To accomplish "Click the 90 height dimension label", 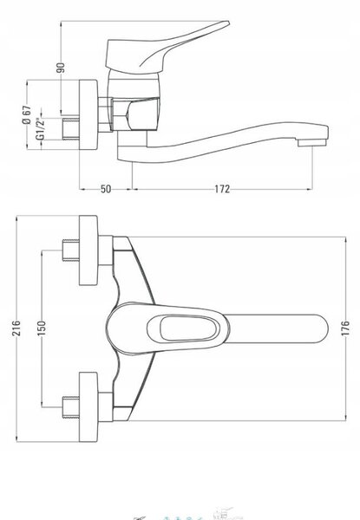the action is pyautogui.click(x=61, y=68).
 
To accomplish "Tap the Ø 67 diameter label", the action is pyautogui.click(x=27, y=114).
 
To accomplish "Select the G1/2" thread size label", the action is pyautogui.click(x=41, y=128).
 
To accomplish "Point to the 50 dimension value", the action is pyautogui.click(x=106, y=189).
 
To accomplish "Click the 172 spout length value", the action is pyautogui.click(x=222, y=189).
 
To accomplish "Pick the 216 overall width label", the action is pyautogui.click(x=16, y=328).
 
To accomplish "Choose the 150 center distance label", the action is pyautogui.click(x=41, y=328).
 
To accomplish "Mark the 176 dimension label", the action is pyautogui.click(x=345, y=328).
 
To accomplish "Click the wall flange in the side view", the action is pyautogui.click(x=88, y=114).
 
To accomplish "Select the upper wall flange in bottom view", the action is pyautogui.click(x=88, y=250).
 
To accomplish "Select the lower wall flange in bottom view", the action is pyautogui.click(x=88, y=407).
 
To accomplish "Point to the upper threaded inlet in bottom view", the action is pyautogui.click(x=70, y=250).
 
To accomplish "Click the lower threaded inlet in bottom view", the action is pyautogui.click(x=70, y=407).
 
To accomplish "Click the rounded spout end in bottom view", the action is pyautogui.click(x=318, y=328).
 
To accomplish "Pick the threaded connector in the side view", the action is pyautogui.click(x=70, y=128).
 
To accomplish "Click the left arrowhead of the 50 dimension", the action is pyautogui.click(x=82, y=189).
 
